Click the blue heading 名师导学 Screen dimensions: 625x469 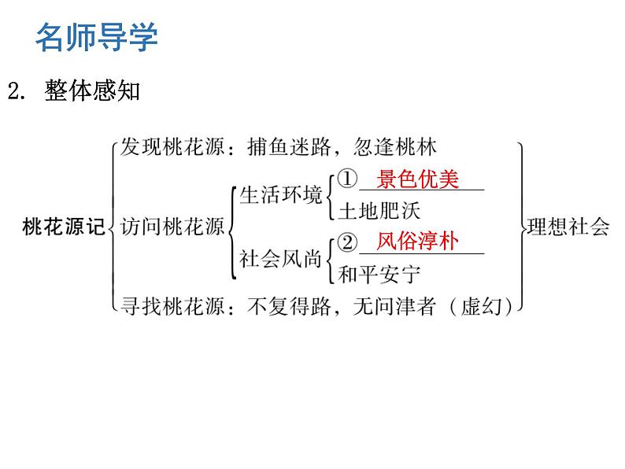(97, 37)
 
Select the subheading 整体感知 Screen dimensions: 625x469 (92, 90)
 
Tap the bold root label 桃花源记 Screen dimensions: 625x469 (64, 227)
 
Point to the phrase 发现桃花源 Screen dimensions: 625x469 (172, 147)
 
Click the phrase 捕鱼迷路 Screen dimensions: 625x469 (289, 147)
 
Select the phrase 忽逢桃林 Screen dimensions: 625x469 (394, 147)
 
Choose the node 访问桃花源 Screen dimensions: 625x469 (172, 227)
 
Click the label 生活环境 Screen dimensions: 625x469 (280, 195)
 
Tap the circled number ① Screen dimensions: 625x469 (347, 179)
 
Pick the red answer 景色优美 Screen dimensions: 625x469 (417, 179)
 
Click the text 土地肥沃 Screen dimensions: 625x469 (379, 211)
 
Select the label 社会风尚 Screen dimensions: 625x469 (280, 259)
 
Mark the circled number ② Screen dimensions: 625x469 (347, 242)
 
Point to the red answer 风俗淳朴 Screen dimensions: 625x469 (417, 242)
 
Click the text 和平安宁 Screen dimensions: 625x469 (379, 275)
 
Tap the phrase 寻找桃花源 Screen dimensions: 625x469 (172, 307)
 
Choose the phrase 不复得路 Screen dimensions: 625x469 (289, 307)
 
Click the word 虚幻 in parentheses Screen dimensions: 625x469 (481, 307)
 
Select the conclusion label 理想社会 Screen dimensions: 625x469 (568, 227)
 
